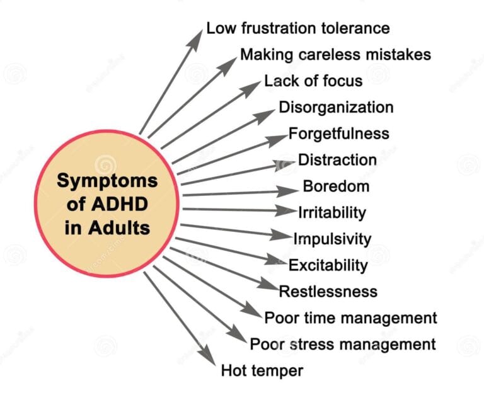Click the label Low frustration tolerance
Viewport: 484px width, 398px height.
pos(297,28)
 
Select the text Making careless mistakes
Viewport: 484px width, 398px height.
pos(335,55)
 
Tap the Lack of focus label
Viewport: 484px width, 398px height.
pos(313,81)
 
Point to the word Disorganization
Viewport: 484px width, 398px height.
pos(336,108)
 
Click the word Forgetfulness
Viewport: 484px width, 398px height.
pos(338,134)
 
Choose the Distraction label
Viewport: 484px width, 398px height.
pos(337,161)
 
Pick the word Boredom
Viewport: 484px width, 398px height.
pos(336,186)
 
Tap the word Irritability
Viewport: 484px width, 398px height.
pos(331,213)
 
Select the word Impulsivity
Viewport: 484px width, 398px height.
pos(332,239)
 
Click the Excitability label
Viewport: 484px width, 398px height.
pos(328,265)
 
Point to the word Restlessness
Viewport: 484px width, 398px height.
pos(328,292)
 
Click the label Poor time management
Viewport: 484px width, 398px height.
pos(350,317)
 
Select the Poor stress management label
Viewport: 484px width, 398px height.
pos(343,344)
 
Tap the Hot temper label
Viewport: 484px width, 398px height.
pos(262,370)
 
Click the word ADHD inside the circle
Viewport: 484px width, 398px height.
pos(124,203)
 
